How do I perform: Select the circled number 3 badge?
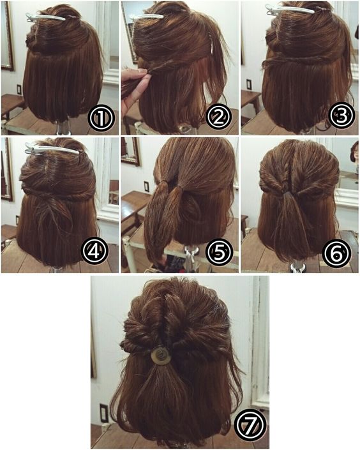tap(341, 116)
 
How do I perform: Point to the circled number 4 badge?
tap(94, 251)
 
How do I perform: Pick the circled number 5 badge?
tap(220, 253)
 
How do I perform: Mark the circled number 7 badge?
tap(250, 424)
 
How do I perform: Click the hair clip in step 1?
tap(46, 17)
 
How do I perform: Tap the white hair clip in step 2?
tap(147, 17)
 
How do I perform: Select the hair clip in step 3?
tap(290, 10)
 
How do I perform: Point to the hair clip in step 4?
tap(52, 149)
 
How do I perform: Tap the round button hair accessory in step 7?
tap(161, 356)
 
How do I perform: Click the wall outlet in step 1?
tap(19, 89)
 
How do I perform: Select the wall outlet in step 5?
tap(146, 186)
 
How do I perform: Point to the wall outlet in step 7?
tap(103, 413)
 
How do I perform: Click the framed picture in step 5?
tap(131, 151)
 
